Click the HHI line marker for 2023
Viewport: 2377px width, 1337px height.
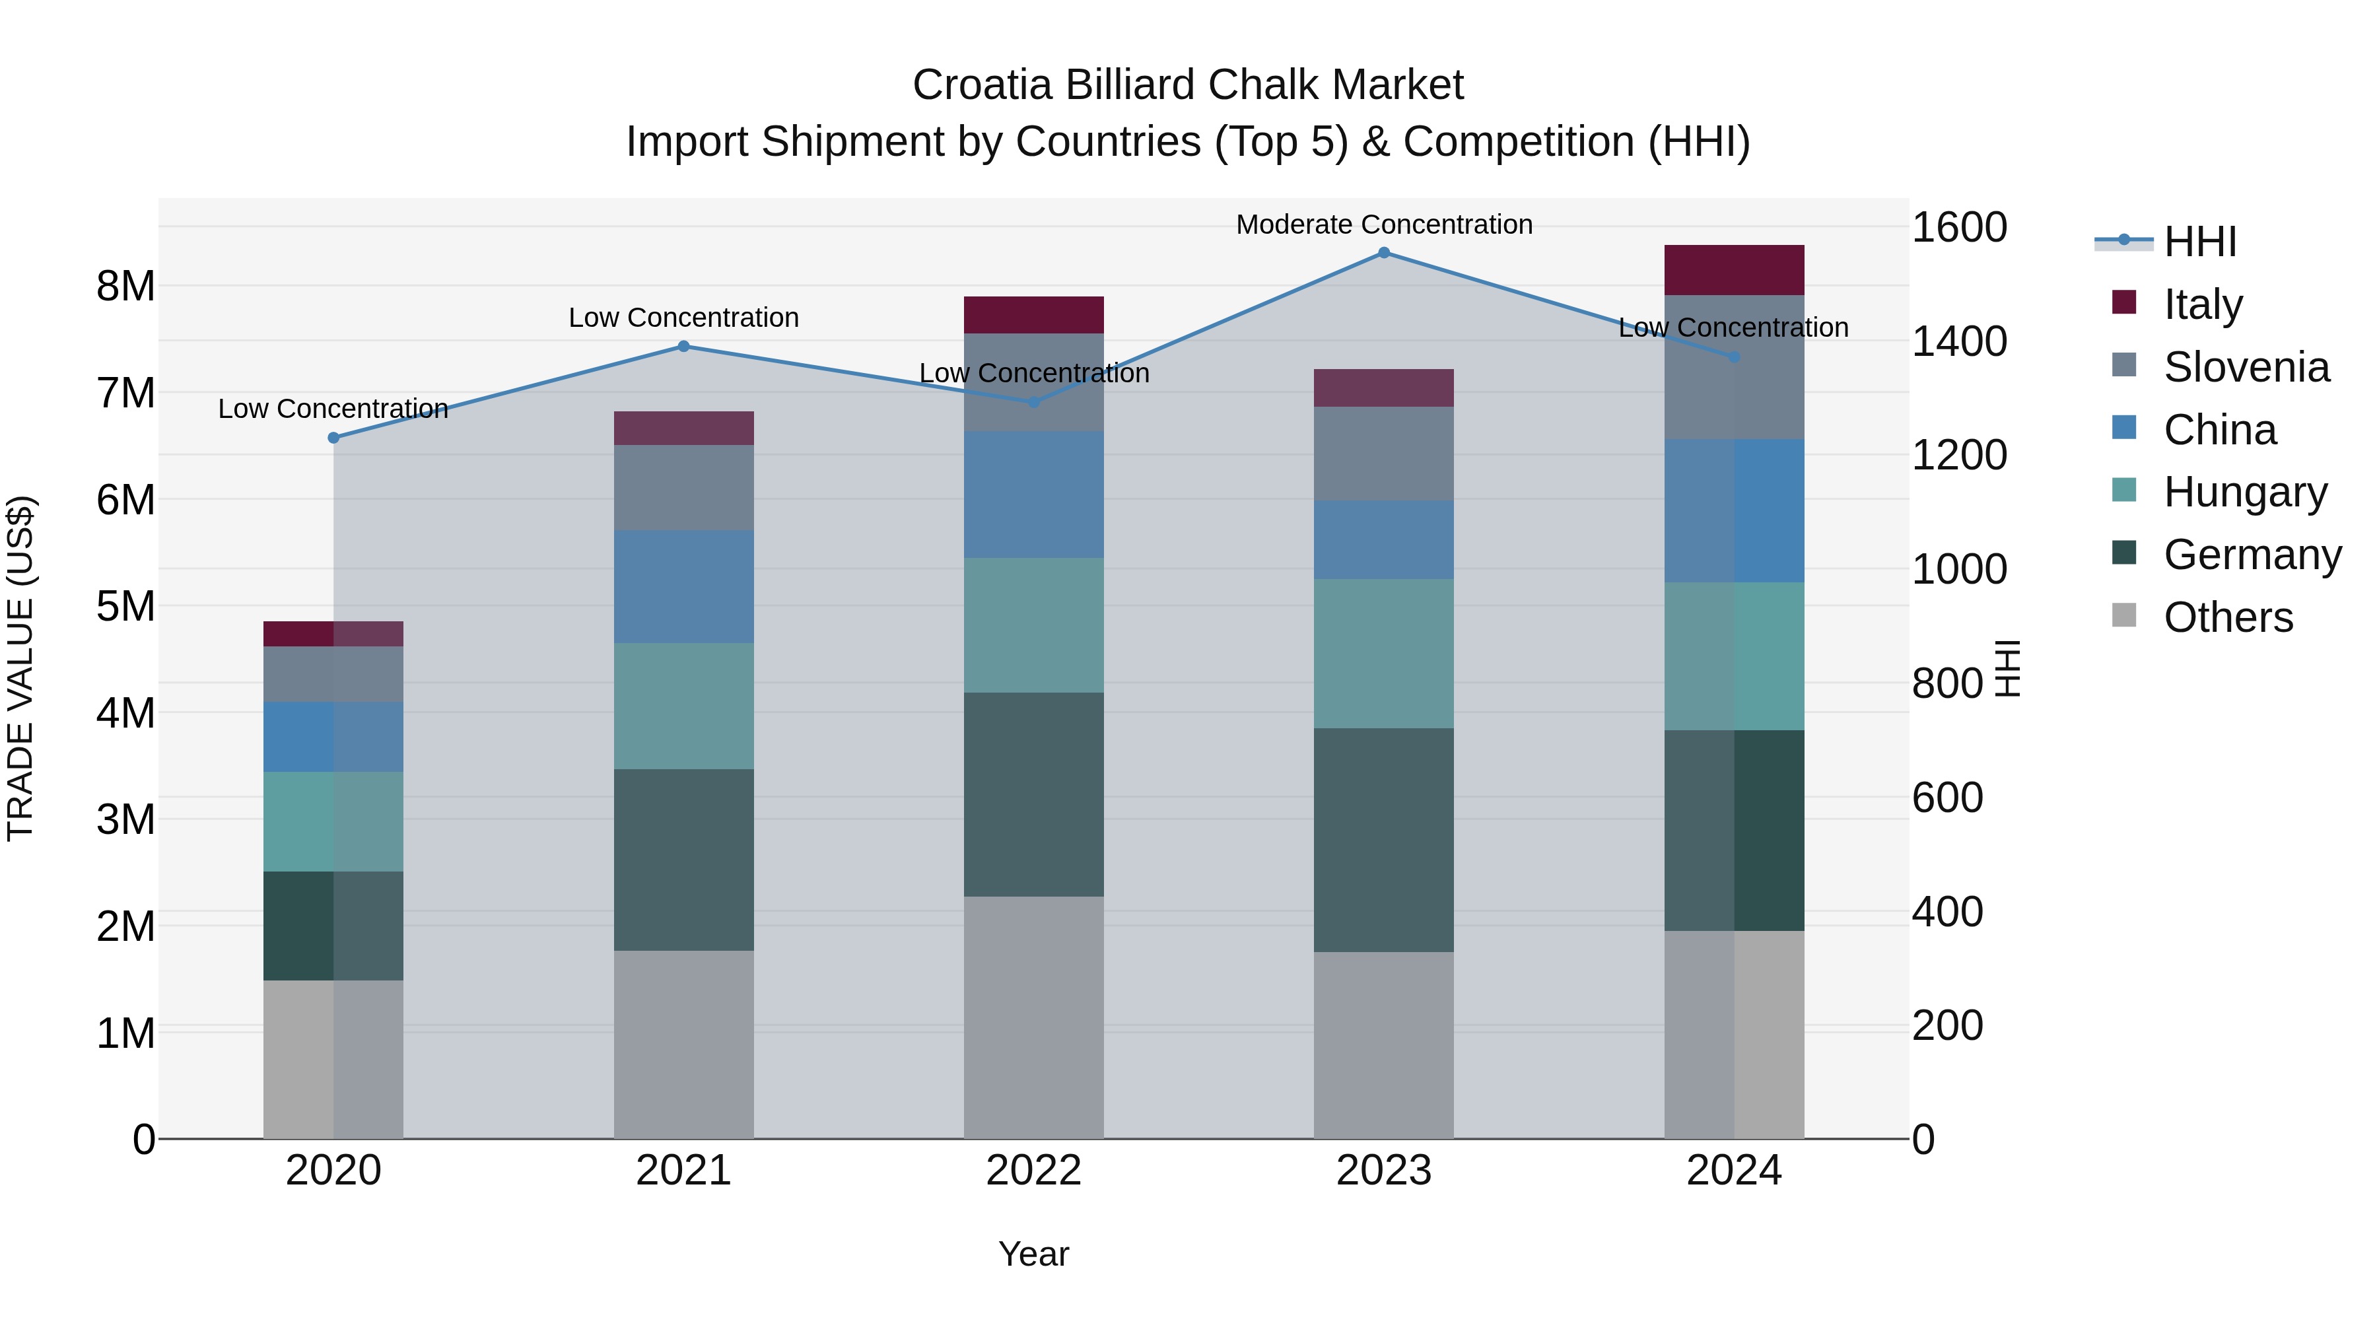coord(1383,252)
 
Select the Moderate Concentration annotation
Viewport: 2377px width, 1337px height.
coord(1383,224)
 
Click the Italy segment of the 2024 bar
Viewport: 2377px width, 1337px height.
coord(1733,269)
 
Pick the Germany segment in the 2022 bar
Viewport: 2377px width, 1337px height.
coord(1033,794)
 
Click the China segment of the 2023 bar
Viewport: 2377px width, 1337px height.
coord(1383,540)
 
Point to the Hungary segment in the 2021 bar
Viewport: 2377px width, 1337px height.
coord(684,706)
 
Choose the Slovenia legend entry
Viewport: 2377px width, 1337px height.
coord(2246,367)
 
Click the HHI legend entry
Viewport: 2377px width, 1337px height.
coord(2200,242)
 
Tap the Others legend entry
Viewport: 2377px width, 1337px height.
coord(2228,617)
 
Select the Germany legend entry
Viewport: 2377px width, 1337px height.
coord(2252,555)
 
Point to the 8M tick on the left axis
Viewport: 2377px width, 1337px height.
coord(125,286)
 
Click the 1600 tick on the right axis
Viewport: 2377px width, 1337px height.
coord(1958,227)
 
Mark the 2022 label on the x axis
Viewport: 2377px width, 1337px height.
coord(1033,1171)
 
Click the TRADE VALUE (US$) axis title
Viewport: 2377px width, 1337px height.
coord(20,668)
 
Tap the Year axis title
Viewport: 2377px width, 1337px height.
coord(1033,1254)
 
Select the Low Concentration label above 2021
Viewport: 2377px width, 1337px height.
coord(684,318)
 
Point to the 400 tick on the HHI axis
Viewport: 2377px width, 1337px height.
coord(1947,912)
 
